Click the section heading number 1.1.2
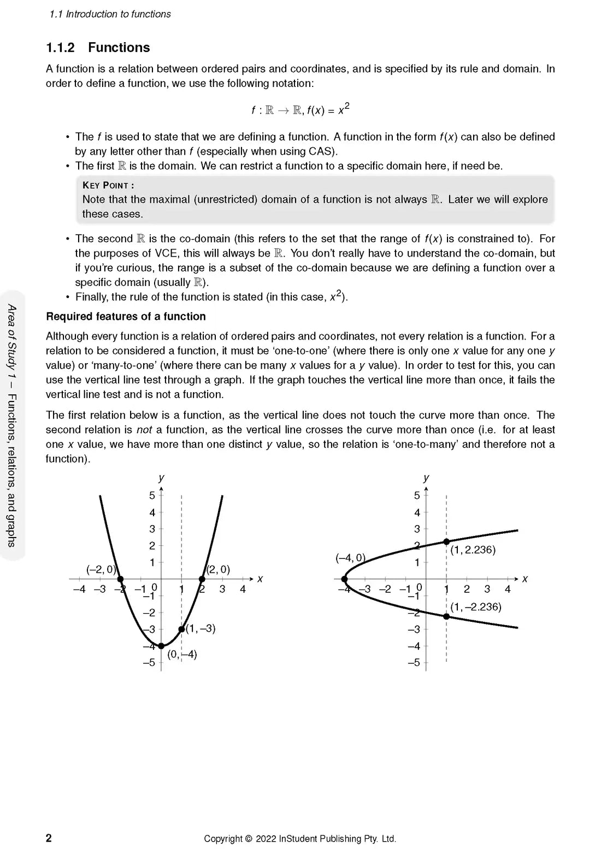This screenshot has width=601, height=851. pyautogui.click(x=60, y=48)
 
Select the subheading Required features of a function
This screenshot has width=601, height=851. pyautogui.click(x=126, y=317)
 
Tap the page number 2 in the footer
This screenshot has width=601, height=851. pyautogui.click(x=49, y=838)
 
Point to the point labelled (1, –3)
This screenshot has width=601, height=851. pyautogui.click(x=181, y=629)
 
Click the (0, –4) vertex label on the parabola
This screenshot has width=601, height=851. pyautogui.click(x=182, y=654)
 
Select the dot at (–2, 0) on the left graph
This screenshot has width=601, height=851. pyautogui.click(x=120, y=579)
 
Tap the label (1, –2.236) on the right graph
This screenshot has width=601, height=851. pyautogui.click(x=475, y=607)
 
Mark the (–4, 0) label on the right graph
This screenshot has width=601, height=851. pyautogui.click(x=350, y=558)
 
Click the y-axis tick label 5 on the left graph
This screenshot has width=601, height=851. pyautogui.click(x=152, y=496)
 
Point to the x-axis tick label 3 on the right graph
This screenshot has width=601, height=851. pyautogui.click(x=487, y=590)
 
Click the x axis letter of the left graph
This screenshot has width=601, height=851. pyautogui.click(x=260, y=579)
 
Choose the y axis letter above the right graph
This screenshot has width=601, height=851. pyautogui.click(x=426, y=478)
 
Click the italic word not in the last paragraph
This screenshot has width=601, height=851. pyautogui.click(x=144, y=430)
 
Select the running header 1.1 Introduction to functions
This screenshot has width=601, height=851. pyautogui.click(x=110, y=14)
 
